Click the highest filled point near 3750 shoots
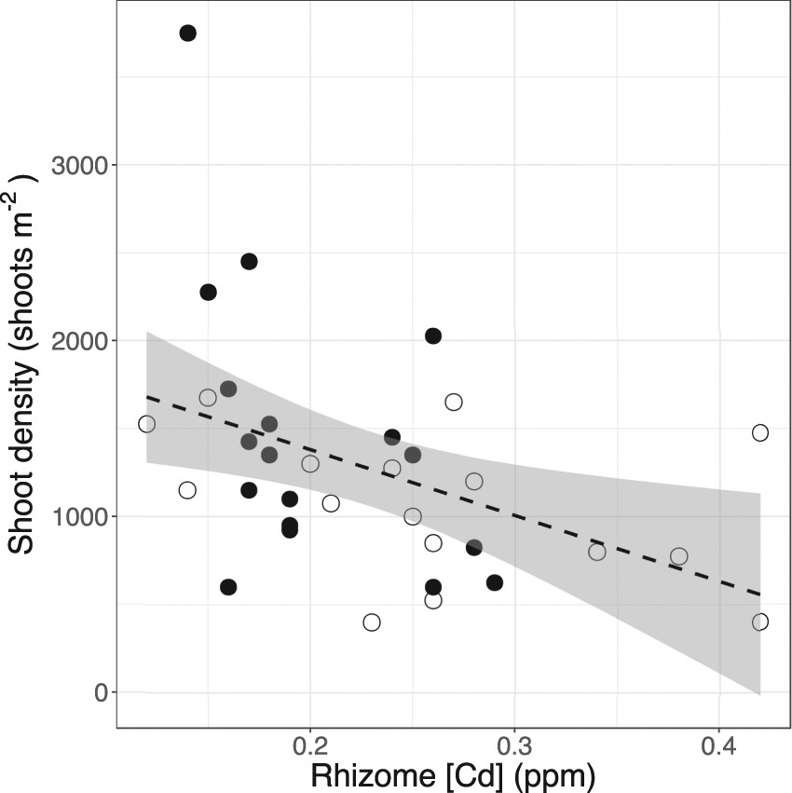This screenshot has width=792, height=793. point(187,34)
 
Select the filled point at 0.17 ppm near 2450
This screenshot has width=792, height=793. point(249,262)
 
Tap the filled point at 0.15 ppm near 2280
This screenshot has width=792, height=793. point(208,293)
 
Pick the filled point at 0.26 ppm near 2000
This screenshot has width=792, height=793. point(433,335)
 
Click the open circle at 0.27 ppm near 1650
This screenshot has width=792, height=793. point(454,403)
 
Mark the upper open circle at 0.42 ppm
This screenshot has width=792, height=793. point(760,432)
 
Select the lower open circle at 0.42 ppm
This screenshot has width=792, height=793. point(760,622)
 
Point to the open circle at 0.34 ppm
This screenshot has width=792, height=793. point(597,552)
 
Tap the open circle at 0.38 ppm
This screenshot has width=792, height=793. point(679,556)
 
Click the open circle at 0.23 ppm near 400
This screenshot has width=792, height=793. point(372,622)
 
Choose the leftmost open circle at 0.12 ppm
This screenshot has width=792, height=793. point(146,424)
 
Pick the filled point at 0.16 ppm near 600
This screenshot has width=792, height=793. point(228,587)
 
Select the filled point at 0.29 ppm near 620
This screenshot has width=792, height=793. point(495,583)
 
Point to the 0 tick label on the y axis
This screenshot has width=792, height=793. point(99,692)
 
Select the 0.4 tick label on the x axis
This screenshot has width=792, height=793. point(718,745)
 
